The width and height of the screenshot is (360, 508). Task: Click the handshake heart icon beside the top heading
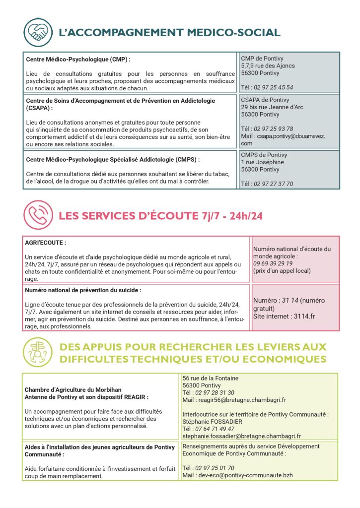coord(38,33)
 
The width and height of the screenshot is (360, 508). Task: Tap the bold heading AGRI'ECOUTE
coord(45,244)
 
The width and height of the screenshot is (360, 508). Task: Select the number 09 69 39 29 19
coord(273,263)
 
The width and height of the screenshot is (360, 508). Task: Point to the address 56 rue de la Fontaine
coord(211,378)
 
